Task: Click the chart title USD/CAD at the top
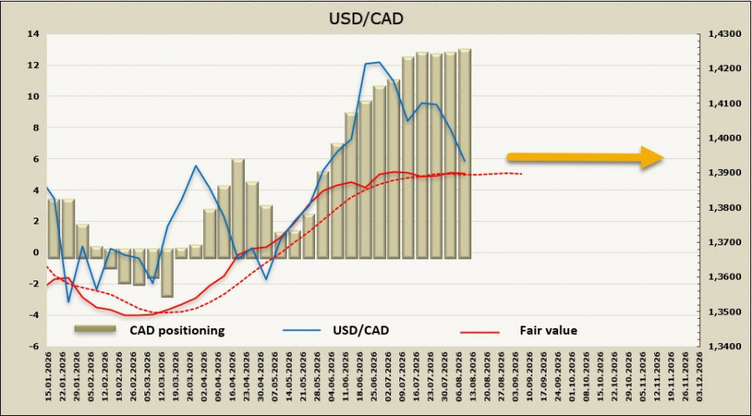[x=366, y=18]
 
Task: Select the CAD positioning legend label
[x=177, y=331]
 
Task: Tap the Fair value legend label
[x=548, y=331]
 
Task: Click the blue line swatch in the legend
[x=301, y=331]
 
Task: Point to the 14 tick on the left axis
[x=33, y=34]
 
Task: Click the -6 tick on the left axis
[x=33, y=347]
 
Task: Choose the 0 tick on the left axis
[x=37, y=253]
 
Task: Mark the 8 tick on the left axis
[x=37, y=128]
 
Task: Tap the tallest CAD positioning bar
[x=465, y=154]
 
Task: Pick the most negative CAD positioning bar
[x=167, y=273]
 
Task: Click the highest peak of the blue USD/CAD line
[x=379, y=62]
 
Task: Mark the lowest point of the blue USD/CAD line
[x=69, y=301]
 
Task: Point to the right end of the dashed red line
[x=521, y=174]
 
